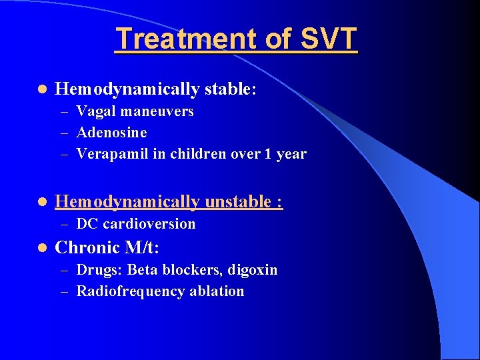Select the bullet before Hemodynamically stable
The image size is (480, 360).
[41, 89]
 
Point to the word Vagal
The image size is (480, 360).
[95, 111]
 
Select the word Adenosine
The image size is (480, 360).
[111, 133]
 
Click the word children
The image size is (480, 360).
[199, 154]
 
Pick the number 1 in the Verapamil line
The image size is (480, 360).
[267, 154]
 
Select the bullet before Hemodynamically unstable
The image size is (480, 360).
[41, 201]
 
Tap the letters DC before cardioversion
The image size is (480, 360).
[87, 224]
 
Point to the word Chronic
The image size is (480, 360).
[87, 247]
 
